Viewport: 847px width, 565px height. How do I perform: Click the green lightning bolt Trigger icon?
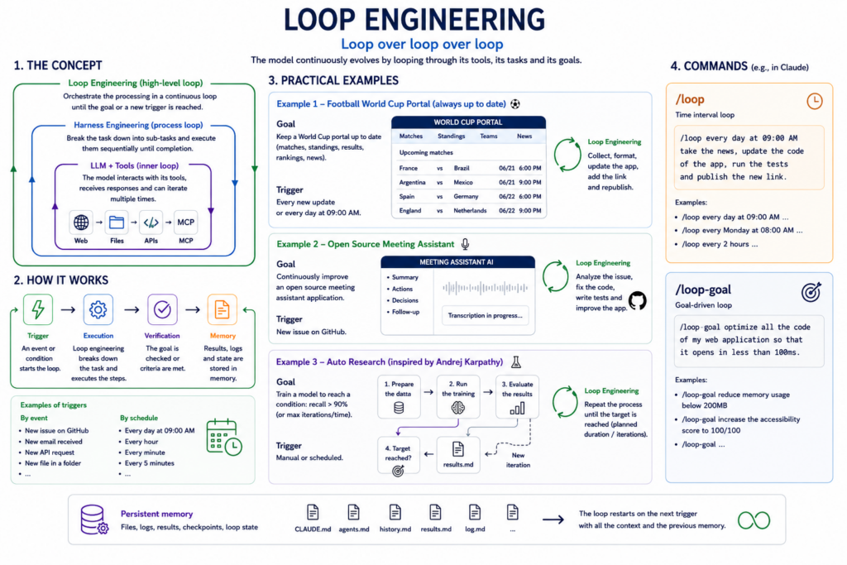click(x=38, y=309)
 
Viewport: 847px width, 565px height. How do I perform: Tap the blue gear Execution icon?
click(x=98, y=309)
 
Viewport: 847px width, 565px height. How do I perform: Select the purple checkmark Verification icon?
click(x=162, y=309)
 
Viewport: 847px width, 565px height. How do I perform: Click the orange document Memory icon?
click(x=222, y=309)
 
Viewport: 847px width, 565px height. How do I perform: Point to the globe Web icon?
click(x=81, y=222)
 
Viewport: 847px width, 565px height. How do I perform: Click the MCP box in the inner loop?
click(x=186, y=222)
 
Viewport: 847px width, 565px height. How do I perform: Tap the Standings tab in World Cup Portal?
click(x=451, y=136)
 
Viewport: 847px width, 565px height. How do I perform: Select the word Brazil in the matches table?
click(x=462, y=168)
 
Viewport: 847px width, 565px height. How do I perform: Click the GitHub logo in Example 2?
click(x=638, y=300)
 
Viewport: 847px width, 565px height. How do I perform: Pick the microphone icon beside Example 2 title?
click(x=465, y=244)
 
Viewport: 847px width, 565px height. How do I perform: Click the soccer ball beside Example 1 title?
click(x=515, y=103)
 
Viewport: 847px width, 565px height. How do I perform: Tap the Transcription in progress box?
click(x=485, y=315)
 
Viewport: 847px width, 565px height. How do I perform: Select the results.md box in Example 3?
click(x=458, y=454)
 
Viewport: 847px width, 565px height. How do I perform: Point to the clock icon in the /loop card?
click(x=815, y=101)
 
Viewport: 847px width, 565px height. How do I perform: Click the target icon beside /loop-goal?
click(x=811, y=292)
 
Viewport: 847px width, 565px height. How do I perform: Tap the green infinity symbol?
click(x=754, y=520)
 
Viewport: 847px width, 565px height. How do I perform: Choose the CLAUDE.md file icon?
click(x=313, y=512)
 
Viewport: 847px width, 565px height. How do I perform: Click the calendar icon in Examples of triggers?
click(x=223, y=437)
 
